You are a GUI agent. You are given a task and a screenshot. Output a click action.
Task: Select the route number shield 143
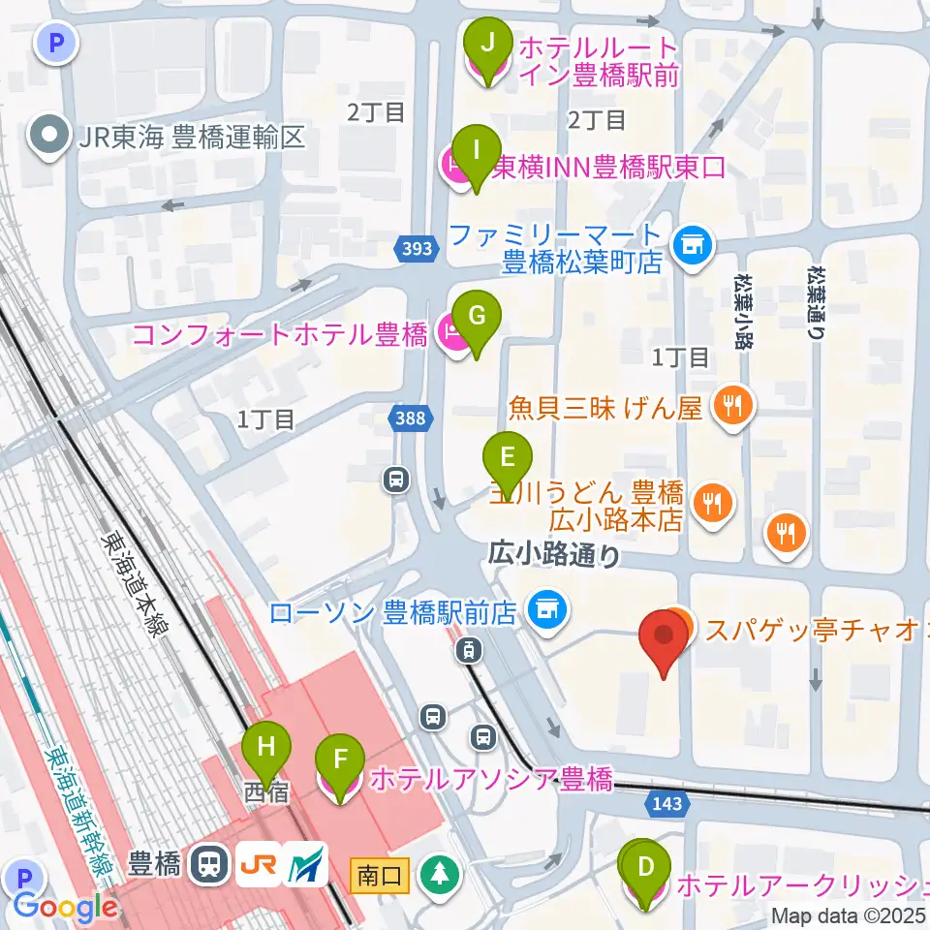666,803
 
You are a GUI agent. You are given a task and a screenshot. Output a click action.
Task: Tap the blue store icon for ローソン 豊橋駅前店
546,610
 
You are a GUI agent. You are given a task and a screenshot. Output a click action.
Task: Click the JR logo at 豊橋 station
261,863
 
